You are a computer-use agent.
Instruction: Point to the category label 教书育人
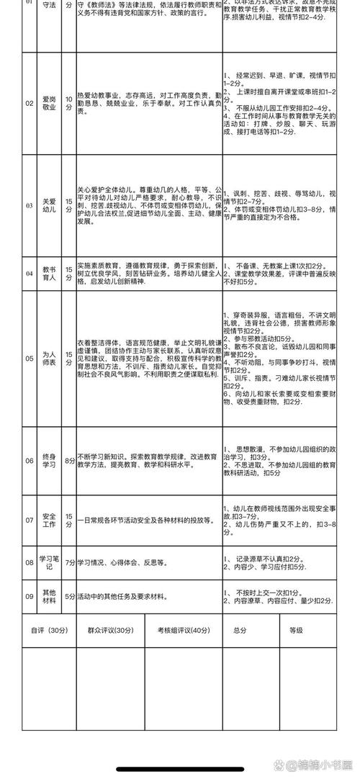point(49,273)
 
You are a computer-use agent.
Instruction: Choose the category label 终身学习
point(49,461)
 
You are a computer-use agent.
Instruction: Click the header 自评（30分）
point(48,630)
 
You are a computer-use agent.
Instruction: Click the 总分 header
point(240,630)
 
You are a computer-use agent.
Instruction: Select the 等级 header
point(296,630)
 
